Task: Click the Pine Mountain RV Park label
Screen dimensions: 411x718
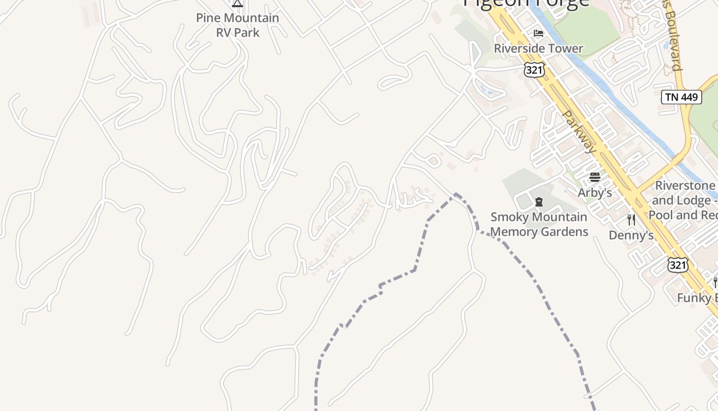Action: coord(237,25)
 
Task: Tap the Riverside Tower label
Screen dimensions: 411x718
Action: coord(538,48)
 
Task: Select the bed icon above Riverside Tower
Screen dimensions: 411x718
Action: coord(538,33)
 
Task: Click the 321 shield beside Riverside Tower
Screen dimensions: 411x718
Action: coord(534,70)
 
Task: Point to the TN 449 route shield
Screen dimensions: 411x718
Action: coord(681,97)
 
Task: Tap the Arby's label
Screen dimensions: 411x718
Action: coord(595,193)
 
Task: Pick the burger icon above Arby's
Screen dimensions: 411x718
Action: coord(595,178)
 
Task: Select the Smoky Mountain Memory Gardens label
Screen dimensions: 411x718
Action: coord(539,225)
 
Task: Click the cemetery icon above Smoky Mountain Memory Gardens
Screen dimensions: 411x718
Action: coord(539,202)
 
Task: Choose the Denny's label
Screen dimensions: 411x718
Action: coord(631,235)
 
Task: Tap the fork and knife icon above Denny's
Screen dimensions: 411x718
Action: coord(631,220)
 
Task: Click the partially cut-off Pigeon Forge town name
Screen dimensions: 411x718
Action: coord(526,3)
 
